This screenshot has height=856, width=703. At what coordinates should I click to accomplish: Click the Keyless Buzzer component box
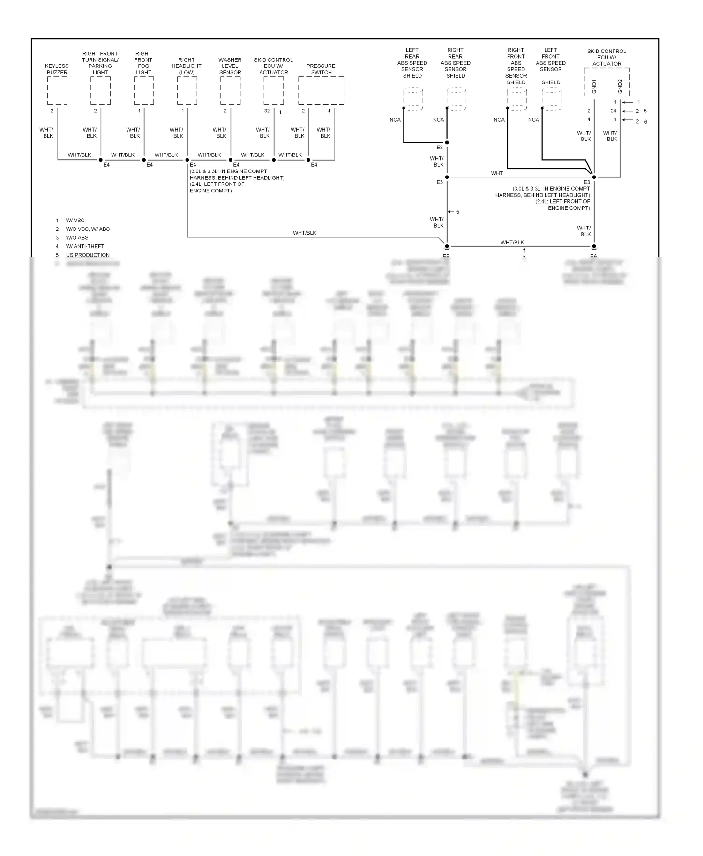pos(57,91)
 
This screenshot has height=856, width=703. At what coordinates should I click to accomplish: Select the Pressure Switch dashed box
pos(321,91)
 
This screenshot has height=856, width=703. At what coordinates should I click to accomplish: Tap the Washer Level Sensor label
pos(230,66)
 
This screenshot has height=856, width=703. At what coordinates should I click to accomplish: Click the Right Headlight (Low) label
pos(187,66)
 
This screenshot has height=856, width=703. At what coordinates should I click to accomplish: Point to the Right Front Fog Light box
pos(143,91)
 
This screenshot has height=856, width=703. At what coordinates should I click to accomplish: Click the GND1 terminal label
pos(594,86)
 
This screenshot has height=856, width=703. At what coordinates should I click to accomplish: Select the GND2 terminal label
pos(620,86)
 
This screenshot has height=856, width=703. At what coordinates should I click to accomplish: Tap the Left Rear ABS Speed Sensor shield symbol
pos(413,99)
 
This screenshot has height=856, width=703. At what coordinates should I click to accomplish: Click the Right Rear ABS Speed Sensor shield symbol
pos(456,99)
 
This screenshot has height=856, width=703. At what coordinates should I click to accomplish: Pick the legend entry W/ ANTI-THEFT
pos(85,246)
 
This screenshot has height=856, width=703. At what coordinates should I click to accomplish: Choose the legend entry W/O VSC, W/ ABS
pos(88,229)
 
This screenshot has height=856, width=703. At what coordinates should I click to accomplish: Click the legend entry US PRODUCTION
pos(88,255)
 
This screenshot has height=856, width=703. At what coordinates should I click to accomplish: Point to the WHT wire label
pos(497,173)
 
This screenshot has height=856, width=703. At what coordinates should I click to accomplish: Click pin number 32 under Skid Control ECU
pos(267,111)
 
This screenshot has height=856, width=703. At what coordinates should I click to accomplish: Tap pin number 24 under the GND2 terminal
pos(613,111)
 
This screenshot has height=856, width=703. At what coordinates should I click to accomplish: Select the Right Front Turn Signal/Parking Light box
pos(100,91)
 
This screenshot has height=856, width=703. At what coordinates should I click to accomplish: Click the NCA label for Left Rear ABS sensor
pos(395,120)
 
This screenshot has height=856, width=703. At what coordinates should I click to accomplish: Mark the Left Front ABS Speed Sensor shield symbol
pos(552,99)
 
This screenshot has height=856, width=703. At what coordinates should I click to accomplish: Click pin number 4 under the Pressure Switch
pos(329,111)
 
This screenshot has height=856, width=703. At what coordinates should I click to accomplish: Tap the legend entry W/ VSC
pos(75,221)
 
